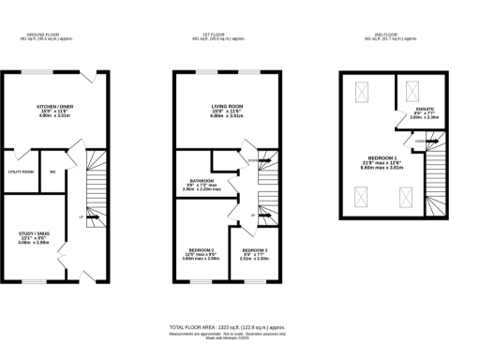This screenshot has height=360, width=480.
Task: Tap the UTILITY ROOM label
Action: click(x=22, y=172)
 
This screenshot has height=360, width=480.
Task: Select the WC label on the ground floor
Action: click(x=53, y=172)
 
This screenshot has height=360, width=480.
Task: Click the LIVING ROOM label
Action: click(x=226, y=107)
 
